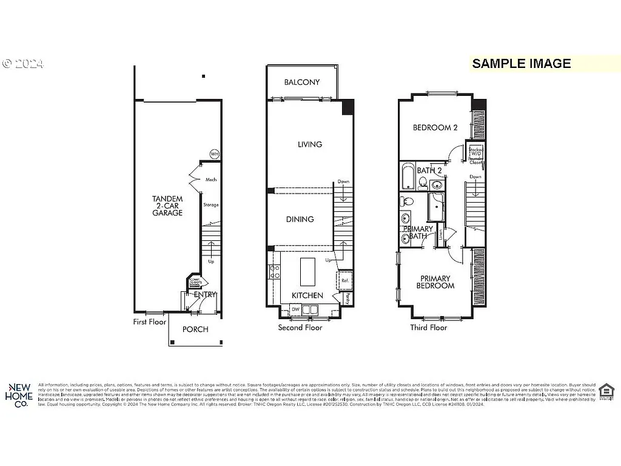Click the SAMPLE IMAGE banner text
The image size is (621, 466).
[x=522, y=63]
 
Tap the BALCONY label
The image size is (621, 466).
[x=302, y=83]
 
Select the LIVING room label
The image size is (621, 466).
[x=309, y=144]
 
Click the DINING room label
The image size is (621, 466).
[x=300, y=219]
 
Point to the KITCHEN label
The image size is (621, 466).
[x=307, y=295]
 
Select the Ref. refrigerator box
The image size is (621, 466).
[x=345, y=280]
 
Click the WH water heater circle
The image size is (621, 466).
[x=214, y=154]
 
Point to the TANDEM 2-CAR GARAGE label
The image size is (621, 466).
[x=167, y=206]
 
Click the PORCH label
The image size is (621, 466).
[x=195, y=329]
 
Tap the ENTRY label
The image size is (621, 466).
[x=204, y=294]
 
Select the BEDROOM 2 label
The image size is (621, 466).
[x=435, y=127]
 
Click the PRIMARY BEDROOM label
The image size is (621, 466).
[x=435, y=282]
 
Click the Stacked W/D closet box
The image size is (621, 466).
[x=475, y=154]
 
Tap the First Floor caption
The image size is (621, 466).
[x=150, y=322]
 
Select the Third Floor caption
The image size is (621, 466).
[x=429, y=327]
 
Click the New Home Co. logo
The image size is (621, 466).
[x=19, y=395]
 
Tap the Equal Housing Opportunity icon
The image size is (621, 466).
[x=605, y=393]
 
